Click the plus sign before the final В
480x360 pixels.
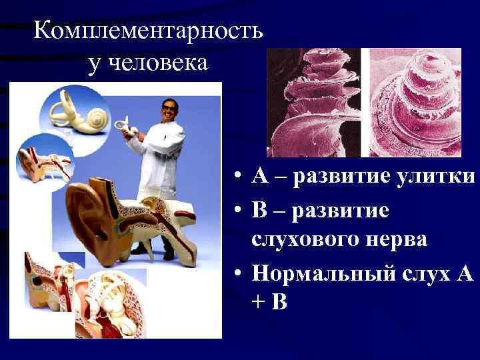(x=259, y=301)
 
